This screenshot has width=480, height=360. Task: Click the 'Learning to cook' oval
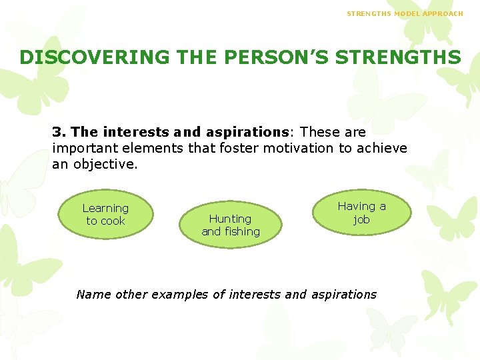coord(105,215)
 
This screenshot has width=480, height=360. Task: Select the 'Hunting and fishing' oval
coord(231,225)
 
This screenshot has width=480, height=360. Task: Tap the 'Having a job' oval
coord(361,213)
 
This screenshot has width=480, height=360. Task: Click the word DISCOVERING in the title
coord(94,57)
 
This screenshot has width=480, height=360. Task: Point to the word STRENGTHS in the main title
coord(398,57)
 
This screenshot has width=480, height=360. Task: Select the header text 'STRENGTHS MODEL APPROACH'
coord(405,13)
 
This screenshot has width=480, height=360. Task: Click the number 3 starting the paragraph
coord(57,132)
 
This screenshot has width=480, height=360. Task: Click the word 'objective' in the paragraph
coord(106,164)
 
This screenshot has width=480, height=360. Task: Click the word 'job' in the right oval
coord(361,219)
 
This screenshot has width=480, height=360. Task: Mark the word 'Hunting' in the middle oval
coord(230,219)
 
